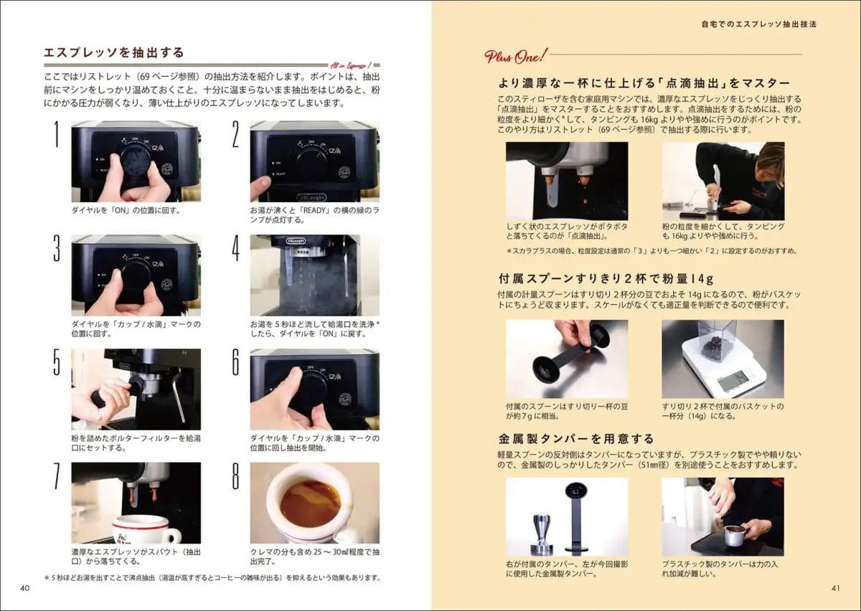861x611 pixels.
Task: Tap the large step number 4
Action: pyautogui.click(x=235, y=248)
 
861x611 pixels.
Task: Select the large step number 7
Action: pyautogui.click(x=57, y=475)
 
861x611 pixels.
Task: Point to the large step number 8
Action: pyautogui.click(x=235, y=475)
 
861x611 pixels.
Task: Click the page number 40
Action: pyautogui.click(x=24, y=588)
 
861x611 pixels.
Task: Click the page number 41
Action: pyautogui.click(x=836, y=588)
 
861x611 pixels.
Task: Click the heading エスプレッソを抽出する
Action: pyautogui.click(x=114, y=52)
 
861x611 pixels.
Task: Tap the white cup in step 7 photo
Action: pyautogui.click(x=145, y=529)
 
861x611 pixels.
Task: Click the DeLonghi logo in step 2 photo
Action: pyautogui.click(x=311, y=197)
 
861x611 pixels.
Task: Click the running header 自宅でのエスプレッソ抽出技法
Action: pyautogui.click(x=759, y=24)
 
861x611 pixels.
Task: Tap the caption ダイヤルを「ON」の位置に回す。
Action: pyautogui.click(x=126, y=211)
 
